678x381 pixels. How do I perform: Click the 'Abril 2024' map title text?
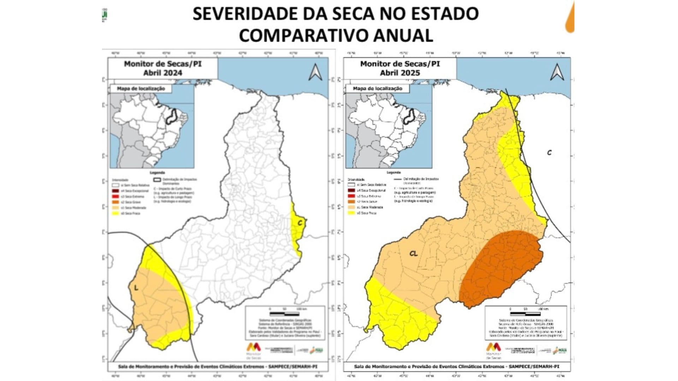tap(162, 73)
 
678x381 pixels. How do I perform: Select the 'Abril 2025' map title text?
tap(400, 73)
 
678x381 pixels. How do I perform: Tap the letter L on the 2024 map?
tap(136, 288)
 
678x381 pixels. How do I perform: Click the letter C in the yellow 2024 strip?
tap(300, 223)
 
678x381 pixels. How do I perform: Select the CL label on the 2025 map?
tap(414, 253)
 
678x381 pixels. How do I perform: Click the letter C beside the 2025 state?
tap(549, 152)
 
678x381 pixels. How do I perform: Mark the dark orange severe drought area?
tap(501, 268)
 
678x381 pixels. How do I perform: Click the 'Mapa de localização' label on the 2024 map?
tap(141, 89)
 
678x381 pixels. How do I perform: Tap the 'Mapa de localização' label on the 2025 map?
tap(377, 89)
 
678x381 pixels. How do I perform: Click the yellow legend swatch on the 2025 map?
tap(351, 213)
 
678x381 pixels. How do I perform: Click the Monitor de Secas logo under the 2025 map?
tap(494, 349)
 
